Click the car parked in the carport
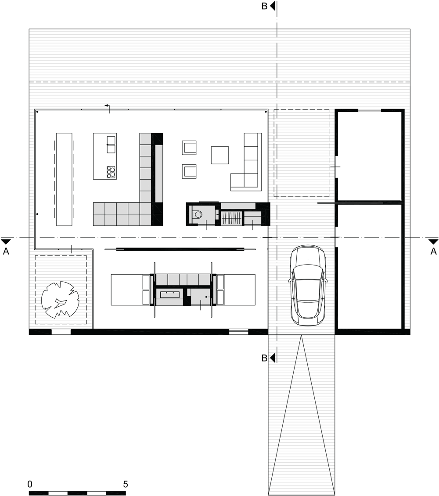pos(307,285)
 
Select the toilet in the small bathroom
pos(198,214)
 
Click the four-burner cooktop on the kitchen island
pos(111,171)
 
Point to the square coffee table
pos(220,155)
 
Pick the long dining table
pos(65,179)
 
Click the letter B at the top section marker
pos(264,6)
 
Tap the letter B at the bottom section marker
pos(264,358)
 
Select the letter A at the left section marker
pos(6,252)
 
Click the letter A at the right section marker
pos(433,252)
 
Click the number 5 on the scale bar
pos(126,484)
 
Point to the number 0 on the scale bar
pos(30,484)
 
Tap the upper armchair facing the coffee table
pos(189,148)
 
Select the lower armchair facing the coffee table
pos(189,171)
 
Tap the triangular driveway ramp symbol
pos(302,415)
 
